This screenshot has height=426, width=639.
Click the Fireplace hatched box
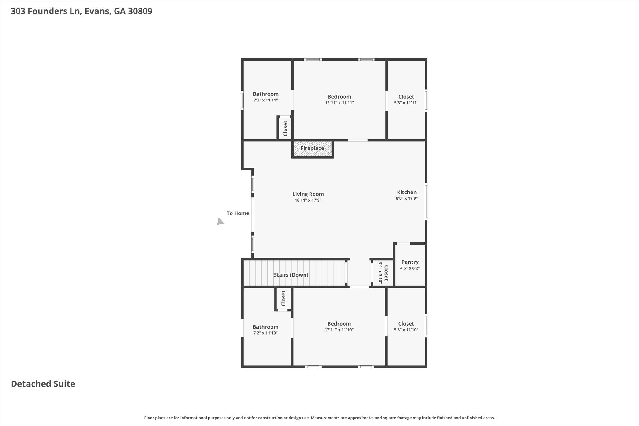coord(312,149)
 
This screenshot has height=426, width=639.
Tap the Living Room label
coord(308,194)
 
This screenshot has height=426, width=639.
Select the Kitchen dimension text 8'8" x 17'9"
coord(407,198)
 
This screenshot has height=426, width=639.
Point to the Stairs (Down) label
coord(291,275)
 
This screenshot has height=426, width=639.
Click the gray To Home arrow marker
coord(220,222)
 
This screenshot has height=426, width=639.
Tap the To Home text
coord(238,213)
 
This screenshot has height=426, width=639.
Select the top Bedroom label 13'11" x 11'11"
coord(339,97)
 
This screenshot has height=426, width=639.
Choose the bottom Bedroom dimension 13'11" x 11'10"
coord(339,330)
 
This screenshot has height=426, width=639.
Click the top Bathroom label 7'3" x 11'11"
coord(266,94)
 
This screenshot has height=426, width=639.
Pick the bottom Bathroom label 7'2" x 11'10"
coord(265,327)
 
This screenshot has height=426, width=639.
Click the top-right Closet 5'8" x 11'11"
coord(406,97)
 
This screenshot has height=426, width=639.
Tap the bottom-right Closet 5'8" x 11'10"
coord(406,324)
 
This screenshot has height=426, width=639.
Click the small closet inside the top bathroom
coord(285,128)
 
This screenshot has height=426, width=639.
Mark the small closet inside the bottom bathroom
coord(283,298)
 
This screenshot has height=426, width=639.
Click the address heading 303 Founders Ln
coord(81,11)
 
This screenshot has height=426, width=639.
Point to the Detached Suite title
coord(43,384)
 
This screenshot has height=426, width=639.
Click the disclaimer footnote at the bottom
coord(319,418)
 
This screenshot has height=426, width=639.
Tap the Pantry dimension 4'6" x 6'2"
coord(410,268)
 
